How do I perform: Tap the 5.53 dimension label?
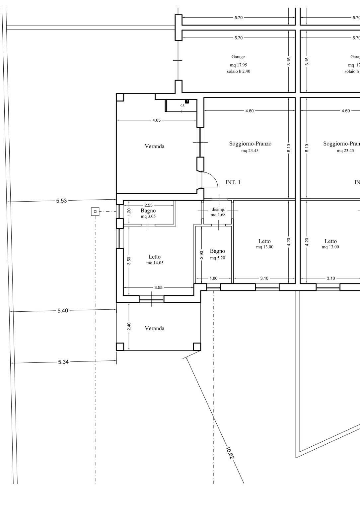(x=61, y=201)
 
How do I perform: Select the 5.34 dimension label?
(x=63, y=362)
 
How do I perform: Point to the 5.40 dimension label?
(x=62, y=311)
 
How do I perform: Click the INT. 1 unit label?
(x=233, y=182)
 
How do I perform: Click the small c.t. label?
(x=182, y=105)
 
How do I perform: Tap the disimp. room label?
(x=218, y=210)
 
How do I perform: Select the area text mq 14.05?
(x=155, y=263)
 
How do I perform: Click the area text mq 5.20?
(x=218, y=258)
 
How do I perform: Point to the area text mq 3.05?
(x=148, y=216)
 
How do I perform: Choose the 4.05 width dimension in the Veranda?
(x=157, y=120)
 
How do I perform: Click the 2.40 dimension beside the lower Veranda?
(x=129, y=326)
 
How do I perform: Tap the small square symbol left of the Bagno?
(x=95, y=212)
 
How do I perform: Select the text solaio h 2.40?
(x=238, y=71)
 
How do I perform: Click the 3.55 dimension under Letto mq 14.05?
(x=158, y=287)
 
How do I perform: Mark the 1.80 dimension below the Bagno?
(x=213, y=278)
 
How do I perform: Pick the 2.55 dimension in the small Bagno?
(x=149, y=205)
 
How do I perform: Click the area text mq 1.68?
(x=218, y=215)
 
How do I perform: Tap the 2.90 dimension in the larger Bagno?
(x=201, y=255)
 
